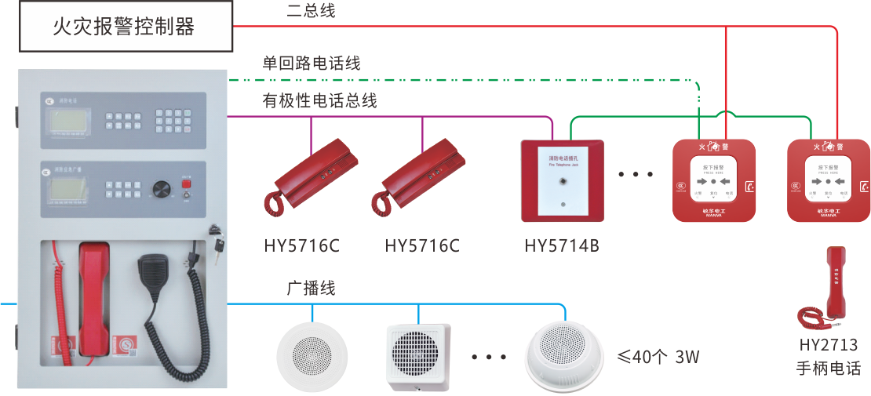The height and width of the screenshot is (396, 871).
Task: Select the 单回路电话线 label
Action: click(312, 63)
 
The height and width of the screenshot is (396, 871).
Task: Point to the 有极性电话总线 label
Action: click(319, 100)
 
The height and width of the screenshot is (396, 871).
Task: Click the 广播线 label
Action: click(311, 288)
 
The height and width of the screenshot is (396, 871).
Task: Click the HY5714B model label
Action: click(562, 246)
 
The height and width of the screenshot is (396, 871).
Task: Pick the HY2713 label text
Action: click(828, 345)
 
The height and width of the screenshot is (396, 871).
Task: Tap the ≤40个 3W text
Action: click(658, 358)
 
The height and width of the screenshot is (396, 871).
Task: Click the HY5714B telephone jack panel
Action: click(563, 180)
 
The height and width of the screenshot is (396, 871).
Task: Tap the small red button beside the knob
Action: click(186, 184)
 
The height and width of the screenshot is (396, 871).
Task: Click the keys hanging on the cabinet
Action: click(216, 227)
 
